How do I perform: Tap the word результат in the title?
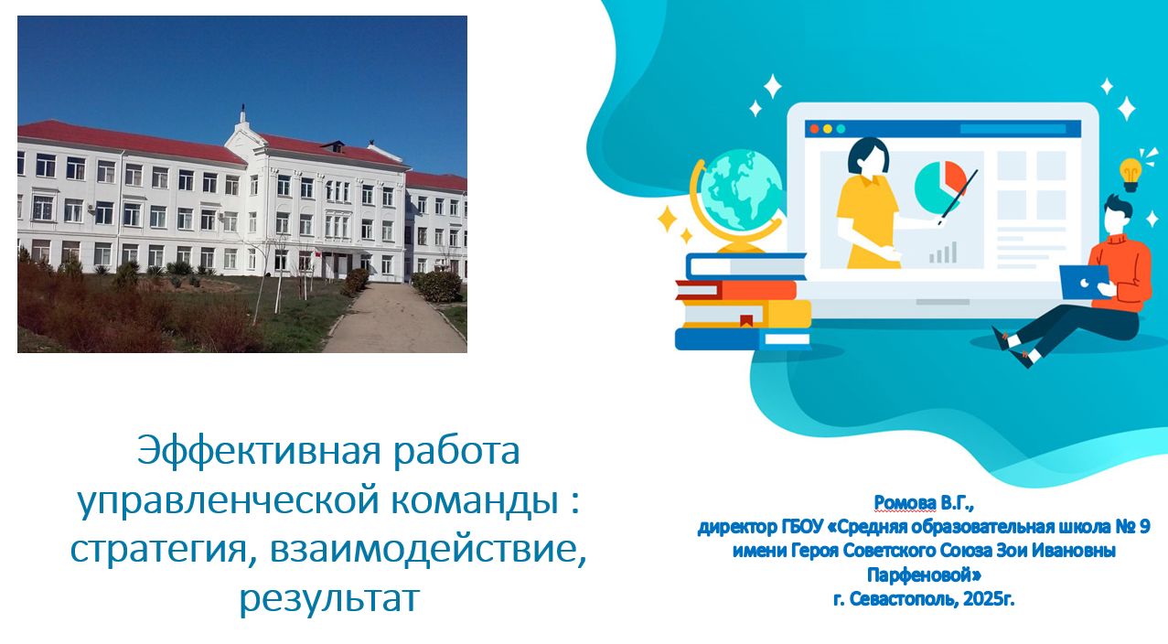pyautogui.click(x=329, y=598)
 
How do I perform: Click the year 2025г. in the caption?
pyautogui.click(x=989, y=599)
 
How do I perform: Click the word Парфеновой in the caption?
pyautogui.click(x=924, y=575)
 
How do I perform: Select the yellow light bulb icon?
pyautogui.click(x=1130, y=175)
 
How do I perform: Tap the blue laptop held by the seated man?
pyautogui.click(x=1084, y=282)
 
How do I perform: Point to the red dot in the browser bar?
pyautogui.click(x=814, y=129)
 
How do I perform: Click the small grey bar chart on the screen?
pyautogui.click(x=943, y=252)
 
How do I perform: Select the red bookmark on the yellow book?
pyautogui.click(x=746, y=321)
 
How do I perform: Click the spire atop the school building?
pyautogui.click(x=242, y=113)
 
